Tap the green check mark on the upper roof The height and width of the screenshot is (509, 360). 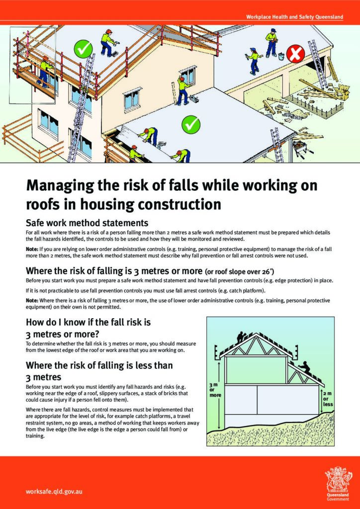(x=83, y=49)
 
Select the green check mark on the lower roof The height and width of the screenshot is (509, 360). (x=189, y=124)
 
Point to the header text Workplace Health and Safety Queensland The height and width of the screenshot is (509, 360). (x=294, y=17)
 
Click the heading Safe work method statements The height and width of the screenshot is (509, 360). (x=87, y=223)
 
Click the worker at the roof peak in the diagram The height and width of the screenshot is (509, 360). (x=241, y=336)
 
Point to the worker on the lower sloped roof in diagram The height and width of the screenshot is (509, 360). (x=304, y=368)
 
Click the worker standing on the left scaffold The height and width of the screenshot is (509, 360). (x=45, y=71)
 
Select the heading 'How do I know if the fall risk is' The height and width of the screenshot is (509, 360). (x=92, y=322)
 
